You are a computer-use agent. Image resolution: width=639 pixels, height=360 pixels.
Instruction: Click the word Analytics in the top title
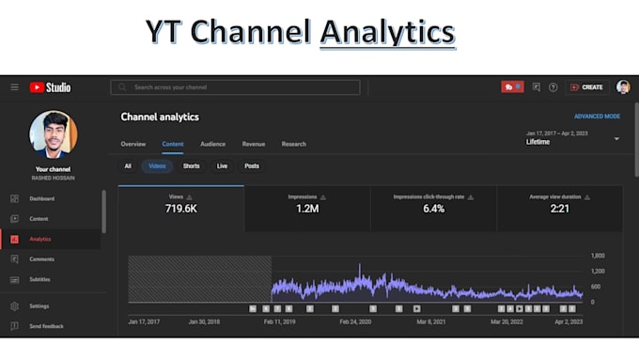(x=387, y=33)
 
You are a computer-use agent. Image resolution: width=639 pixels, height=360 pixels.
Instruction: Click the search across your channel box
(x=235, y=87)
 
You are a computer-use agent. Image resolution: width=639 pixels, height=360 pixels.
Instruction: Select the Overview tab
(x=133, y=144)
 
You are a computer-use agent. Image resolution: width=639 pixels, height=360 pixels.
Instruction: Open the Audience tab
(x=212, y=144)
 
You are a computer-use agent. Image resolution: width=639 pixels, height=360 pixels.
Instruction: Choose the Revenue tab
(x=254, y=144)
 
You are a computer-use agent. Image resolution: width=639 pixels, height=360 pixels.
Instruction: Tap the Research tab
(x=294, y=144)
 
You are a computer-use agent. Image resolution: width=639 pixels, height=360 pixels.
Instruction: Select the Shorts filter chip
(x=191, y=166)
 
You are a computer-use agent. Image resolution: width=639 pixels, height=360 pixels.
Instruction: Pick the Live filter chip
(x=222, y=166)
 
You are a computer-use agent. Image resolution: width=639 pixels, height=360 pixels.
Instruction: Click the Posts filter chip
(x=252, y=166)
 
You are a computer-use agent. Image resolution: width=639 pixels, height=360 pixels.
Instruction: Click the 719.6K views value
(x=180, y=209)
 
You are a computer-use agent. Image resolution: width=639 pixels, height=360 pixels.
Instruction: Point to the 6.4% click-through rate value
(x=433, y=209)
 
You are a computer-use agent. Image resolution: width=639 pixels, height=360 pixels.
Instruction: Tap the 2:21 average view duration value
(x=559, y=209)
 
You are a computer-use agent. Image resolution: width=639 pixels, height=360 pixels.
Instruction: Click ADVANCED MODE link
(x=597, y=117)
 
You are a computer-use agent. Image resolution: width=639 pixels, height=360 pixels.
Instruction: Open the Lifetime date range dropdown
(x=616, y=139)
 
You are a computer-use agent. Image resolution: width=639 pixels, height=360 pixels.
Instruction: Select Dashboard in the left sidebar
(x=41, y=198)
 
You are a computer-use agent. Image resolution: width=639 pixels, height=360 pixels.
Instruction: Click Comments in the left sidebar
(x=41, y=258)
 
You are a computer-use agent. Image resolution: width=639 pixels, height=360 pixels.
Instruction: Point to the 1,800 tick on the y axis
(x=598, y=256)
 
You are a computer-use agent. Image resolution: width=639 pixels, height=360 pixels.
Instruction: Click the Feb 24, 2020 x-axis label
(x=355, y=321)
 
